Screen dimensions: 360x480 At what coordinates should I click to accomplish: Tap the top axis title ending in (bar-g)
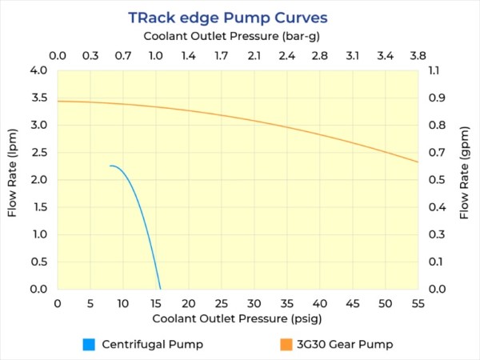238,36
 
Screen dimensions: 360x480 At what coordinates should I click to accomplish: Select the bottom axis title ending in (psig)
238,318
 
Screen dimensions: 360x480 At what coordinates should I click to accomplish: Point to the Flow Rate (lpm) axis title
14,179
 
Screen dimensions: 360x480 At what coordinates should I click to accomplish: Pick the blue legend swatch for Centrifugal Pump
89,345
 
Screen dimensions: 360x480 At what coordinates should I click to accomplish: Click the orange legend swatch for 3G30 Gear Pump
286,345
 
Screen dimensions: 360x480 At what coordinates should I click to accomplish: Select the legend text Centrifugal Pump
151,345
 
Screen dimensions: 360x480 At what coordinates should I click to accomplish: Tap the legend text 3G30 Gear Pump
346,345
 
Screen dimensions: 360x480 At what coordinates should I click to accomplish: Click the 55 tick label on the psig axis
418,303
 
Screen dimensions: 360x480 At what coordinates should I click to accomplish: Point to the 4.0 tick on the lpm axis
38,70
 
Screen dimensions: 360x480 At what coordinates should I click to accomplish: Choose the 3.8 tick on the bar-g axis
418,56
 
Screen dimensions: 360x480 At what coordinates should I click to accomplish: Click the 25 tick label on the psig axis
222,303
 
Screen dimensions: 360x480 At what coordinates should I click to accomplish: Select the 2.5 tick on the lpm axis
38,152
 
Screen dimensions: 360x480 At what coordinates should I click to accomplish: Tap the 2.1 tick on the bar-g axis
254,56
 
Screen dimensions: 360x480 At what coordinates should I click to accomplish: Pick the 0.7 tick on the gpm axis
436,152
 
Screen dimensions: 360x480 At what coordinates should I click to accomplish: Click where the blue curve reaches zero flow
160,288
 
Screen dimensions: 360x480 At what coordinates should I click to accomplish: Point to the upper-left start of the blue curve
110,166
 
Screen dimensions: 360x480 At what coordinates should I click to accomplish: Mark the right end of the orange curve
418,162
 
